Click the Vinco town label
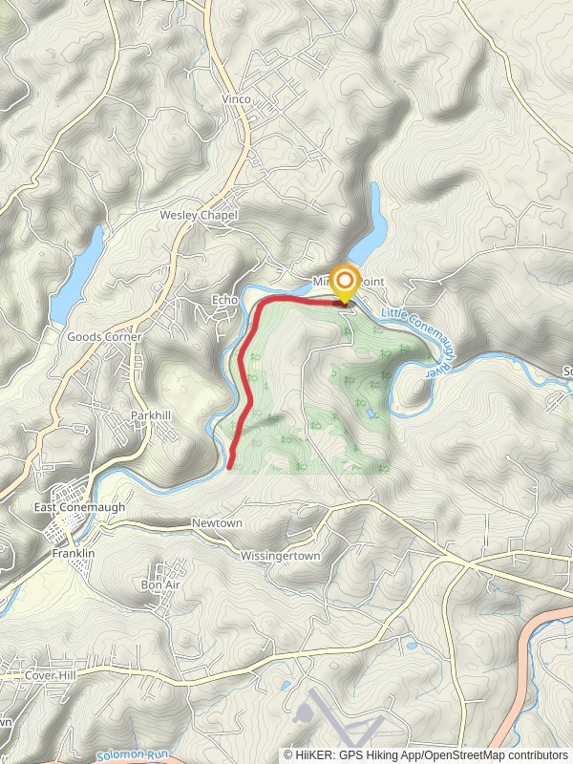[x=236, y=99]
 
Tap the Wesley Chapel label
[x=198, y=216]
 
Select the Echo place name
[x=224, y=300]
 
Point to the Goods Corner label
[x=104, y=337]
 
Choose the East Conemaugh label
[x=79, y=507]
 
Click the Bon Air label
[x=159, y=584]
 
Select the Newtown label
[x=217, y=524]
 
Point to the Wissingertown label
[x=280, y=555]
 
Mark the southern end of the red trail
[x=230, y=466]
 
